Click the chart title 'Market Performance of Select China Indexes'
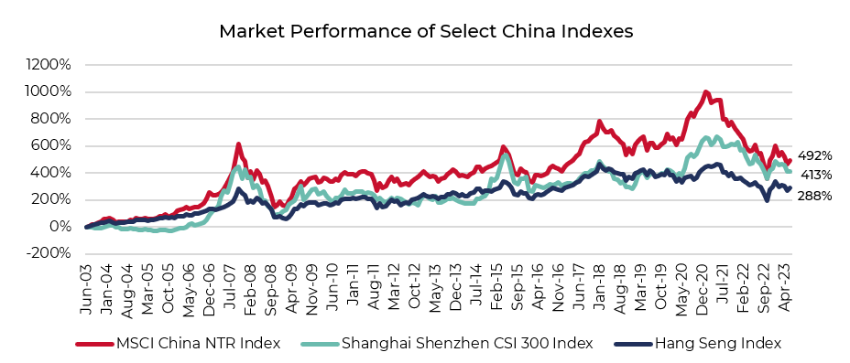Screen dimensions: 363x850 click(x=426, y=31)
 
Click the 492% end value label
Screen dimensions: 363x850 click(x=814, y=156)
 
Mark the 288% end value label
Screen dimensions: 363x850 click(x=814, y=196)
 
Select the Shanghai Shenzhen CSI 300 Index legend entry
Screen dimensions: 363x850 click(x=466, y=343)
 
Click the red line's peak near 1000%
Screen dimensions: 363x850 click(x=704, y=91)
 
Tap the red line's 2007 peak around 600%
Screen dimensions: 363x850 click(x=238, y=144)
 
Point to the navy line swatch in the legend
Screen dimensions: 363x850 click(x=630, y=344)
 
